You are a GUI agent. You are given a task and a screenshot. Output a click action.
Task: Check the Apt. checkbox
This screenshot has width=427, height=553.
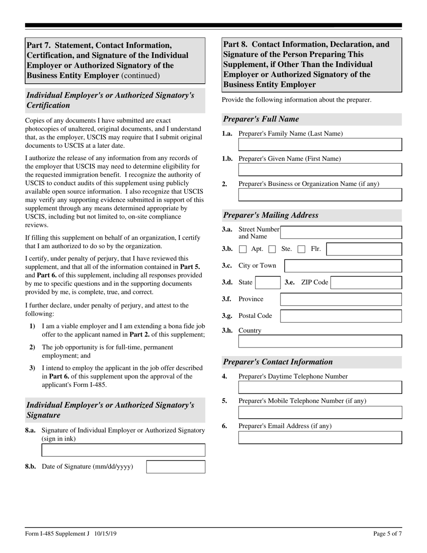pos(243,249)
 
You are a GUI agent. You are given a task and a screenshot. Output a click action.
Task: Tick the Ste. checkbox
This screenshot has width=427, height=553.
pos(272,249)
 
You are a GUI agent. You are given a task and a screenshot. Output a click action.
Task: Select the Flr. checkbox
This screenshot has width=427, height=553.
pos(302,249)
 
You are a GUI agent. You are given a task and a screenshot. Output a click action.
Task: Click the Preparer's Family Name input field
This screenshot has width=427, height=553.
pos(320,144)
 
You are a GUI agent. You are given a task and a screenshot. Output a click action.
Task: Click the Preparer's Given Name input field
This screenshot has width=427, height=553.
pos(320,169)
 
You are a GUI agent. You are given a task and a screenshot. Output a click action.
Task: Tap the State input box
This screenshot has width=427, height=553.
pos(267,283)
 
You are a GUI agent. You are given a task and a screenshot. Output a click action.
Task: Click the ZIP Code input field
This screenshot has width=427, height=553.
pos(366,283)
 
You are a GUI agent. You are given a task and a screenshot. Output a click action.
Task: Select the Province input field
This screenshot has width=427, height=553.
pos(341,299)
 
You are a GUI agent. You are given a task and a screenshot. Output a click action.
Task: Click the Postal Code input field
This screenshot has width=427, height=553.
pos(341,316)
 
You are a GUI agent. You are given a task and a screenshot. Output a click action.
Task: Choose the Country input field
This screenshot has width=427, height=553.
pos(320,341)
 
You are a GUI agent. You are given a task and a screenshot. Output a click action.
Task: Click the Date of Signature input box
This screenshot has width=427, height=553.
pos(176,467)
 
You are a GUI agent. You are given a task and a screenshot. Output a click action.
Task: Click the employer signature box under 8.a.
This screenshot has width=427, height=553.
pos(123,450)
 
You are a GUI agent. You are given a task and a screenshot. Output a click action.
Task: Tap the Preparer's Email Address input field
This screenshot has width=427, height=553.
pos(320,437)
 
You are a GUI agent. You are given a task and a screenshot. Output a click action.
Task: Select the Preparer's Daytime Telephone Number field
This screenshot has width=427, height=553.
pos(320,388)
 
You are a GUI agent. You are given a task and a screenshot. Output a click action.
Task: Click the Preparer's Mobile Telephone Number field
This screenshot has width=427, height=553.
pos(320,412)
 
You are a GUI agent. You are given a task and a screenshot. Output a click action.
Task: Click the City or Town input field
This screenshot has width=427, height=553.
pos(343,266)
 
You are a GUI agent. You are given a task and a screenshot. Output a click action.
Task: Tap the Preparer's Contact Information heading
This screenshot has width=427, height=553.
pos(278,362)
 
